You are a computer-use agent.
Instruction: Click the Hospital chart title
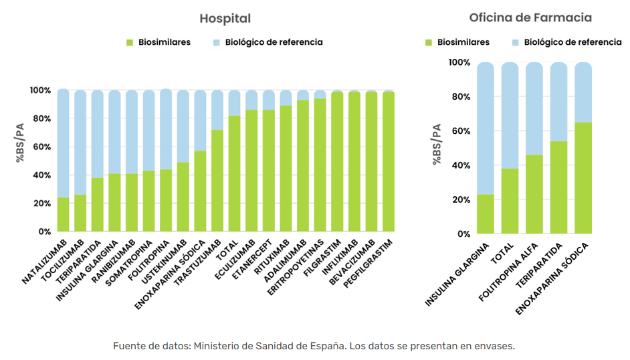pyautogui.click(x=226, y=18)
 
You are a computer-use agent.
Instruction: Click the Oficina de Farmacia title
pyautogui.click(x=521, y=17)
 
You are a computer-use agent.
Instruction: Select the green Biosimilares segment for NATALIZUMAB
pyautogui.click(x=64, y=214)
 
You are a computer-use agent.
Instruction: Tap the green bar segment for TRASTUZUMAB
pyautogui.click(x=217, y=181)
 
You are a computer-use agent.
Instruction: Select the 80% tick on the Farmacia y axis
pyautogui.click(x=459, y=97)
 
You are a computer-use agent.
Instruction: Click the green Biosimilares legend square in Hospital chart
pyautogui.click(x=130, y=42)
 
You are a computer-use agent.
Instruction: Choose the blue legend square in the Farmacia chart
pyautogui.click(x=516, y=42)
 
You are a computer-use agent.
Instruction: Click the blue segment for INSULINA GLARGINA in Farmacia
pyautogui.click(x=486, y=127)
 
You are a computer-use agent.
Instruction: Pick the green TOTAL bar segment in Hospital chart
pyautogui.click(x=235, y=174)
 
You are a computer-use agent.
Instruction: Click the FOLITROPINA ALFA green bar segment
pyautogui.click(x=534, y=194)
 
